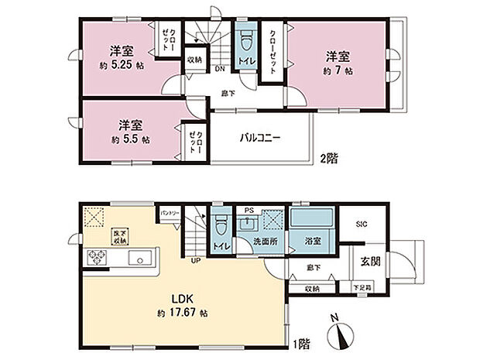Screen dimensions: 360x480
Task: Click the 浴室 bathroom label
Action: pyautogui.click(x=313, y=241)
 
